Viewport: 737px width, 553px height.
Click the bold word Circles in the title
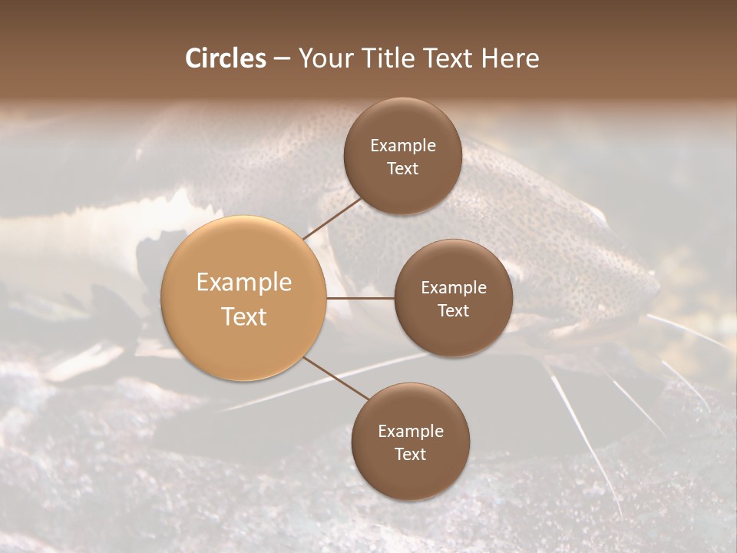click(226, 58)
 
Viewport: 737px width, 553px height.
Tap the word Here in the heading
click(510, 58)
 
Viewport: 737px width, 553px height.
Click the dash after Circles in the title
click(282, 59)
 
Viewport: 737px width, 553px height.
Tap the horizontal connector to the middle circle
click(360, 298)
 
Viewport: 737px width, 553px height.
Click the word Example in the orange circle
click(244, 283)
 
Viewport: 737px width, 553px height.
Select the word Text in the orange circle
click(244, 316)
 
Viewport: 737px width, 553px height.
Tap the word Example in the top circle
click(403, 146)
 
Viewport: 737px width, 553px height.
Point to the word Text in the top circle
click(403, 169)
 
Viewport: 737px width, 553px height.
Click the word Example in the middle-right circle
click(454, 288)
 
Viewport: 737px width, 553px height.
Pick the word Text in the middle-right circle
click(454, 311)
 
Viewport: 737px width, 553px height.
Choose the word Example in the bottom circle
click(411, 432)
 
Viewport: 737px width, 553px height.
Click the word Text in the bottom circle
click(411, 455)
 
